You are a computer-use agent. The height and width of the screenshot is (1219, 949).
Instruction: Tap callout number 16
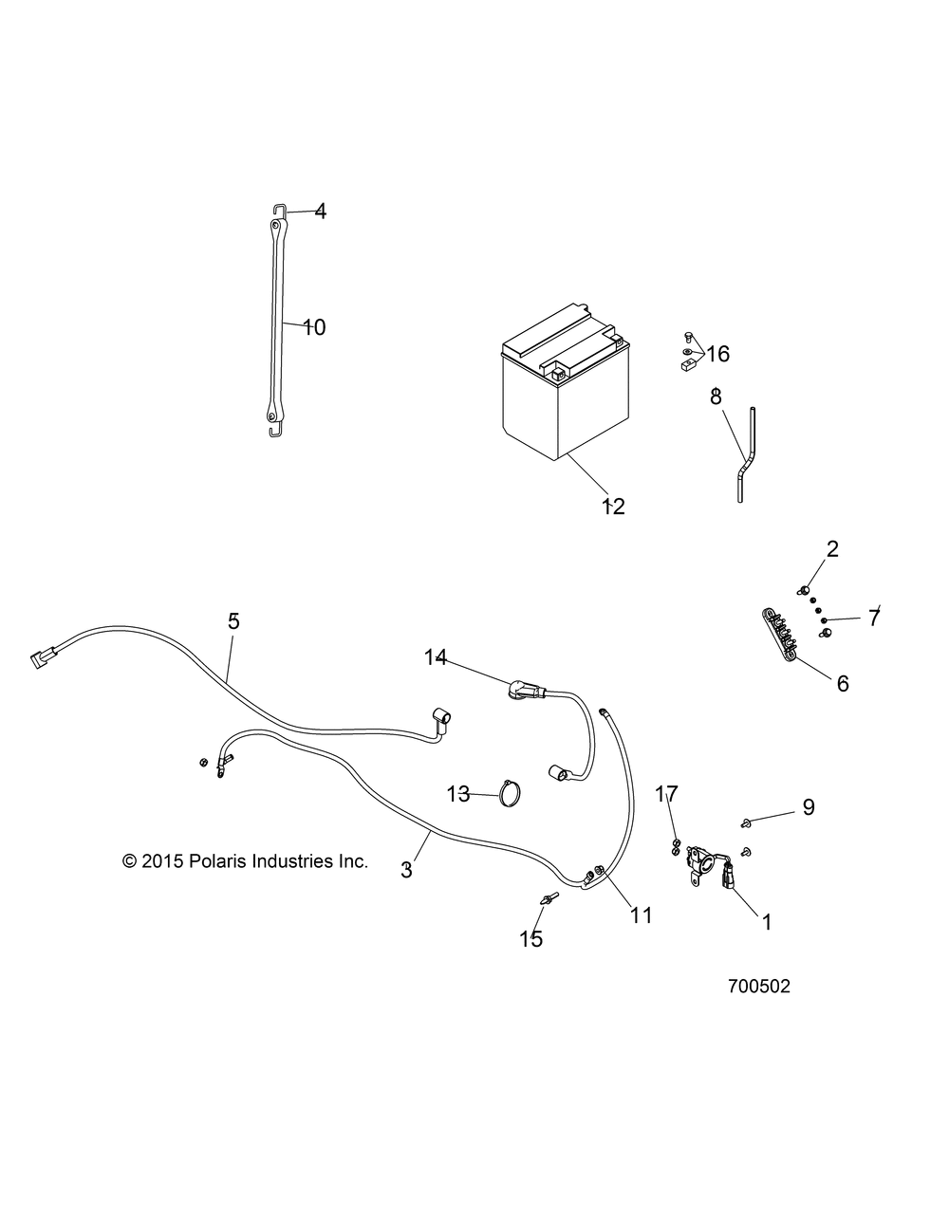pyautogui.click(x=717, y=354)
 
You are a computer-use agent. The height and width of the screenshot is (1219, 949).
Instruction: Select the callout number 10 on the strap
pyautogui.click(x=314, y=327)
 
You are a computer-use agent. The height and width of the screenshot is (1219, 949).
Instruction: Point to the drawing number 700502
pyautogui.click(x=759, y=987)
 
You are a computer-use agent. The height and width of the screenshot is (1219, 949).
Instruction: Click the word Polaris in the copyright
pyautogui.click(x=215, y=861)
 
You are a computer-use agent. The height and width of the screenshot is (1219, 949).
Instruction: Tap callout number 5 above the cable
pyautogui.click(x=234, y=621)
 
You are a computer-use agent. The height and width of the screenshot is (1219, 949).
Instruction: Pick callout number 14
pyautogui.click(x=435, y=657)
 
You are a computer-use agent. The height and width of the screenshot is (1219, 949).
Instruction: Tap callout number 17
pyautogui.click(x=667, y=794)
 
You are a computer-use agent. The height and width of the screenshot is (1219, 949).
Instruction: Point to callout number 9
pyautogui.click(x=809, y=806)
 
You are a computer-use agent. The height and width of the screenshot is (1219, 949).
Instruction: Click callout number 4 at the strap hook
pyautogui.click(x=321, y=211)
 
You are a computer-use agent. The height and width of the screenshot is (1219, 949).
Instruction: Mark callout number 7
pyautogui.click(x=873, y=619)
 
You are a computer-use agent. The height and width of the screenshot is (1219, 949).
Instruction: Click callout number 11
pyautogui.click(x=642, y=915)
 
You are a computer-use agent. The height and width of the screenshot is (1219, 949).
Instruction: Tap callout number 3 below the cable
pyautogui.click(x=406, y=870)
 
